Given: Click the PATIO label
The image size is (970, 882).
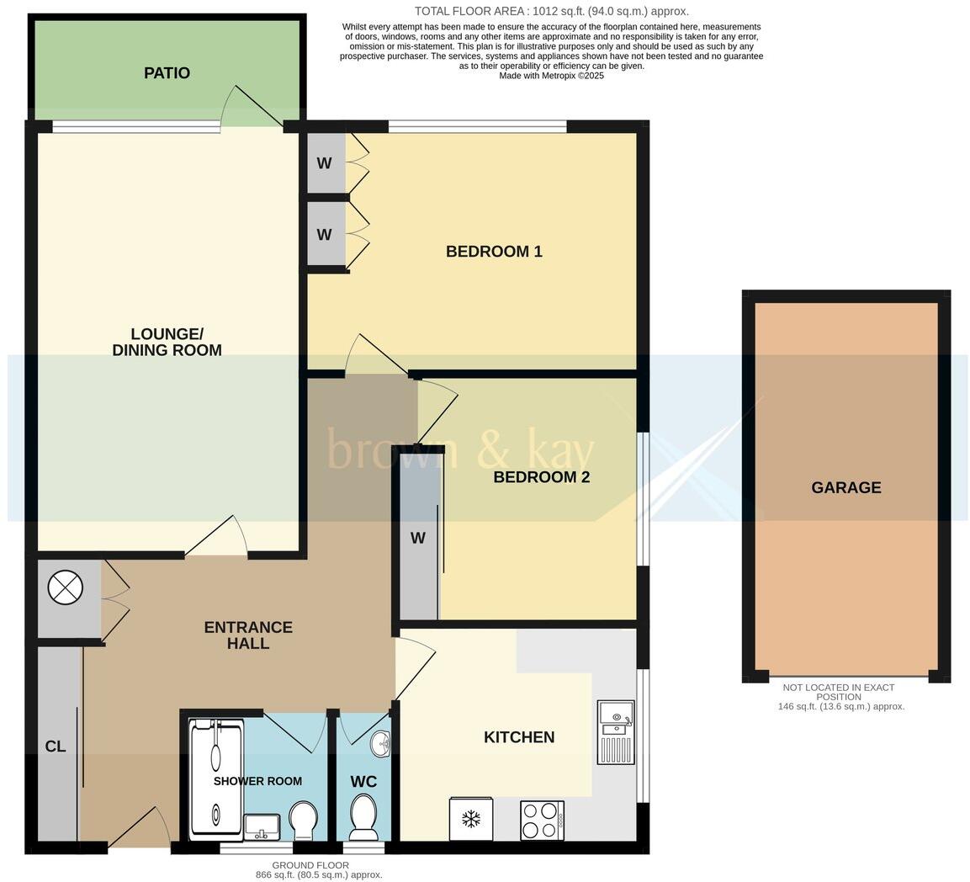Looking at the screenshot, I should (x=167, y=73).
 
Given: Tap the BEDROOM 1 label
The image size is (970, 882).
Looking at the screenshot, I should (x=494, y=251).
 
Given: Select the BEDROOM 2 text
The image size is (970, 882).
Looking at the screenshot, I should (x=541, y=477).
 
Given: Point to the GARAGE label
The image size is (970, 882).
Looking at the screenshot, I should (x=845, y=487).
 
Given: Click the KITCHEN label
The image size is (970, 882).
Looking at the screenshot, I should (x=518, y=737).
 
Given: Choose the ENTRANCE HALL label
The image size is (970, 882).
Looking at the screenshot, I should (x=248, y=635).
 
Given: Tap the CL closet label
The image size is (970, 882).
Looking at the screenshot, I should (x=56, y=747).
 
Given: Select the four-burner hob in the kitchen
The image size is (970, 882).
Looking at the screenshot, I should (x=542, y=820).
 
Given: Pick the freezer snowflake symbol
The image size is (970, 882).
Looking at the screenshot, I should (x=471, y=819).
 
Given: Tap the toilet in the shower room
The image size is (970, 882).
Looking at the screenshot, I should (x=303, y=820).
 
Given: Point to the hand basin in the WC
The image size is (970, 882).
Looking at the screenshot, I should (x=380, y=743).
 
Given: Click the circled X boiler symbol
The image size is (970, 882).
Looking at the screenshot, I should (x=66, y=587).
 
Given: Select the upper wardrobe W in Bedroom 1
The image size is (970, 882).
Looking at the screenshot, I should (x=325, y=163).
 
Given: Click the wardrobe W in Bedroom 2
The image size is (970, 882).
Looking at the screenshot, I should (x=418, y=539).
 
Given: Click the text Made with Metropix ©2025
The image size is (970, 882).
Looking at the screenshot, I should (x=551, y=76).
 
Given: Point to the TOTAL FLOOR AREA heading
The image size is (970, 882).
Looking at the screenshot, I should (x=551, y=11).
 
